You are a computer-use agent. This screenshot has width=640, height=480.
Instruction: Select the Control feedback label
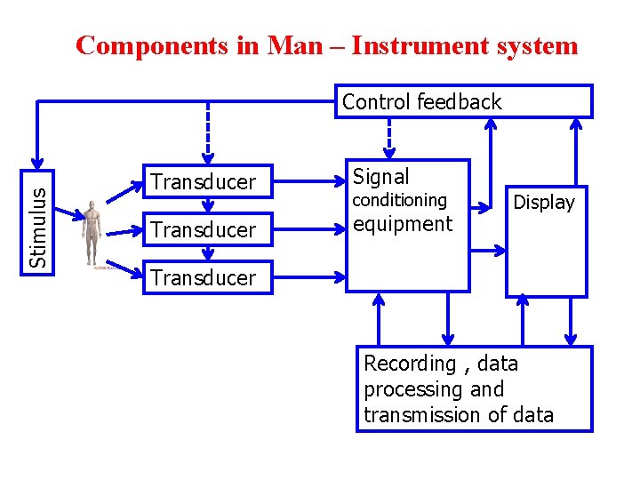coord(421,102)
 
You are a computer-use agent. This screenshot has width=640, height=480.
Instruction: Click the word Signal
coord(381,176)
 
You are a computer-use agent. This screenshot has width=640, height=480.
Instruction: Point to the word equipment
coord(403,223)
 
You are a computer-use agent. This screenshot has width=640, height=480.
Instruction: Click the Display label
coord(544,203)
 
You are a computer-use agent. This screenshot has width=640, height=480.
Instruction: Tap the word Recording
coord(410,363)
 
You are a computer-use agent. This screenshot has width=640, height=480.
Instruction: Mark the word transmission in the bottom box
coord(417,414)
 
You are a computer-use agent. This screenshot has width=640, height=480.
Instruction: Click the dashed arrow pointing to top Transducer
coord(208,133)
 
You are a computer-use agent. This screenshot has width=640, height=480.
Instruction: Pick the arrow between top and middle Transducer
coord(208,205)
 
